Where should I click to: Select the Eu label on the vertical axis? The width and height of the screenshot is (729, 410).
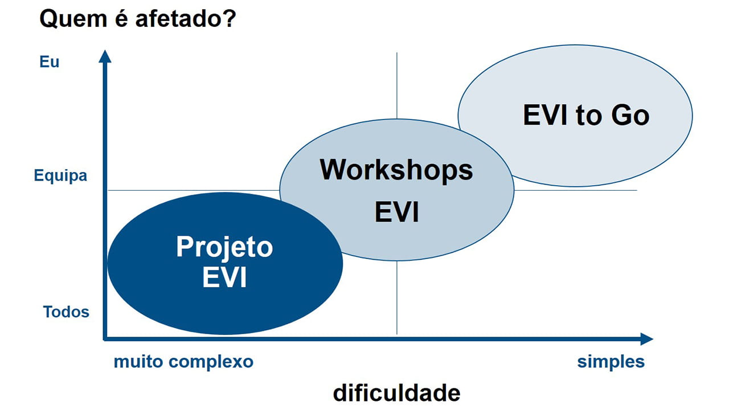coord(50,62)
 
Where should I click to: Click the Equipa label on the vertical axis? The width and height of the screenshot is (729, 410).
coord(60,175)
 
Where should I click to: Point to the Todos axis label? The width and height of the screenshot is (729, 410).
coord(66,312)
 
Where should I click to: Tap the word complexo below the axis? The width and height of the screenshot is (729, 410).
coord(214,362)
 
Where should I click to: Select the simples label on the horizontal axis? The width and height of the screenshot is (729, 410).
coord(611,362)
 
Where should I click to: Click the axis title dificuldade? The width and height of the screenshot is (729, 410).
coord(396,393)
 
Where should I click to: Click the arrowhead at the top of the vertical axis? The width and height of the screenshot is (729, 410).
coord(104,56)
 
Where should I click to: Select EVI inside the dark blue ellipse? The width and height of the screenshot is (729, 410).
coord(224,278)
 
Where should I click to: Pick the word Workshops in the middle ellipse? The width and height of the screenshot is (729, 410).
coord(396,170)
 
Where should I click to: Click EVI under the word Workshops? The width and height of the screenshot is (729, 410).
coord(396,212)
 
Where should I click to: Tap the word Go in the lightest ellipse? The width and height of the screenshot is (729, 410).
coord(630,116)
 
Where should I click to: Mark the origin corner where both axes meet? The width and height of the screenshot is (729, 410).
coord(105,339)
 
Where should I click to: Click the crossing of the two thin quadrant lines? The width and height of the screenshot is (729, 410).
coord(397,190)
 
